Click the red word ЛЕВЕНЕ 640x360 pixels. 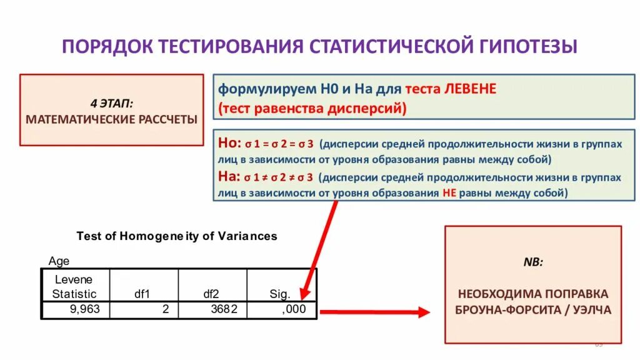[470, 89]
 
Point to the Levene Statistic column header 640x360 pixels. [74, 286]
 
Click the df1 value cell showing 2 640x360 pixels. [166, 309]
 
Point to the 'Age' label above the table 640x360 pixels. [59, 261]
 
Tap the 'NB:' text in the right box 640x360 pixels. [533, 262]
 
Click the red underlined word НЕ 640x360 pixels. [449, 193]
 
